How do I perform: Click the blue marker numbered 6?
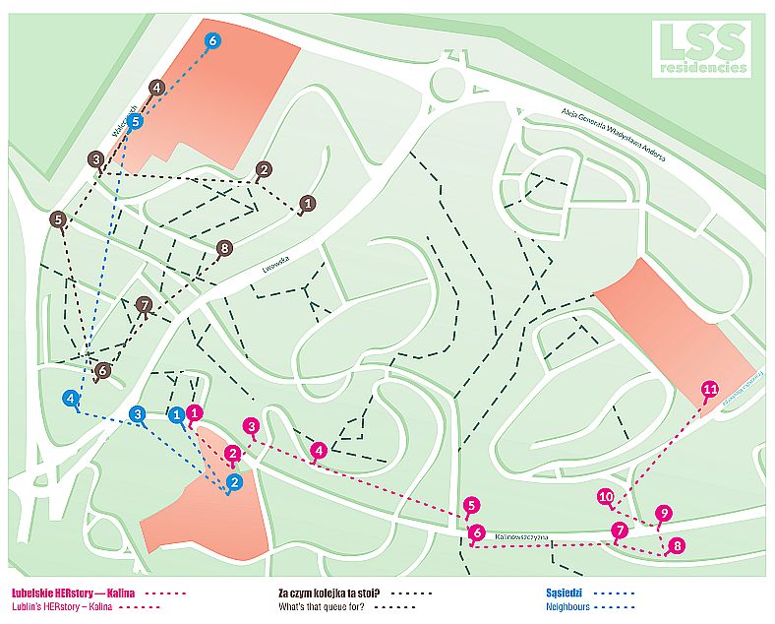coord(213,40)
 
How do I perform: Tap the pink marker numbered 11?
coord(710,390)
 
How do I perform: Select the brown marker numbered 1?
coord(308,204)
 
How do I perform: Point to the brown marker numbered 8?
coord(224,248)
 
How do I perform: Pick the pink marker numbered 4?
coord(318,451)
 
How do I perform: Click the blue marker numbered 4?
coord(70,399)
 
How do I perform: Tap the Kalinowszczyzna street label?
coord(524,538)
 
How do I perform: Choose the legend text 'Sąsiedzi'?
coord(567,593)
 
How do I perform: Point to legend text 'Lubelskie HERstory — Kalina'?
coord(72,593)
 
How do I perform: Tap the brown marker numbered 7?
coord(145,305)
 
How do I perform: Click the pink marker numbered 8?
coord(675,545)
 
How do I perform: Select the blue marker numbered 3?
coord(139,414)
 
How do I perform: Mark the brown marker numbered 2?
coord(263,169)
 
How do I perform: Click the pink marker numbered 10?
coord(606,497)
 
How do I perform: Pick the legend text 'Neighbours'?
coord(567,608)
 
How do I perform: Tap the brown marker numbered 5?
coord(59,219)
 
